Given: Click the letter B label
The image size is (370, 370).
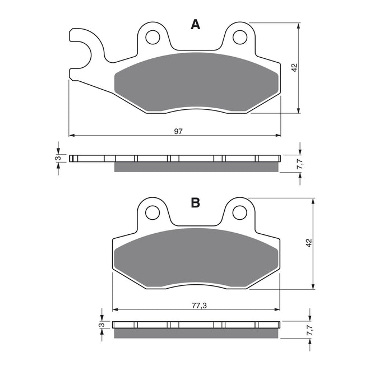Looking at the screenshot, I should coord(195,203).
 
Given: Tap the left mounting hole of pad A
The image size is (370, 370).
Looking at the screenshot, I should coord(151,37).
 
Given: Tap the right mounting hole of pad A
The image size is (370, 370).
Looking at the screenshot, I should coord(239,37).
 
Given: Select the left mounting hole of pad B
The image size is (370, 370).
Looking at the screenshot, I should coord(151,212).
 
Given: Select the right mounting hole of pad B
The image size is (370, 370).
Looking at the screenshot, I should coord(239,212).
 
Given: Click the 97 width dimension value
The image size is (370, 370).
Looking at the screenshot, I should coord(178,131).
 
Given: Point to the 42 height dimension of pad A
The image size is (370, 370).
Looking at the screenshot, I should coord(294,68).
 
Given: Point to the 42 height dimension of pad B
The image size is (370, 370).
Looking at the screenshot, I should coord(309,243).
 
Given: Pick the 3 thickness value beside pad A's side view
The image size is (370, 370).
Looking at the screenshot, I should coord(57,159).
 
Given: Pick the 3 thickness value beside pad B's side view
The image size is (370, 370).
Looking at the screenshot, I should coord(100,325).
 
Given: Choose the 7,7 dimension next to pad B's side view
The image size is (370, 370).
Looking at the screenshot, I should coord(309,331).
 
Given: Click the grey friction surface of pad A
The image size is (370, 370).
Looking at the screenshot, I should coord(196,81).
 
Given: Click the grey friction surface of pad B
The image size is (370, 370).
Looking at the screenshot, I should coord(196,258).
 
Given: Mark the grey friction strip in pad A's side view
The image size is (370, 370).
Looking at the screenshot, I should coord(196,166).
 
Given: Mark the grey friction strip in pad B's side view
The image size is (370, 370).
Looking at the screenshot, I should coord(196,334).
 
